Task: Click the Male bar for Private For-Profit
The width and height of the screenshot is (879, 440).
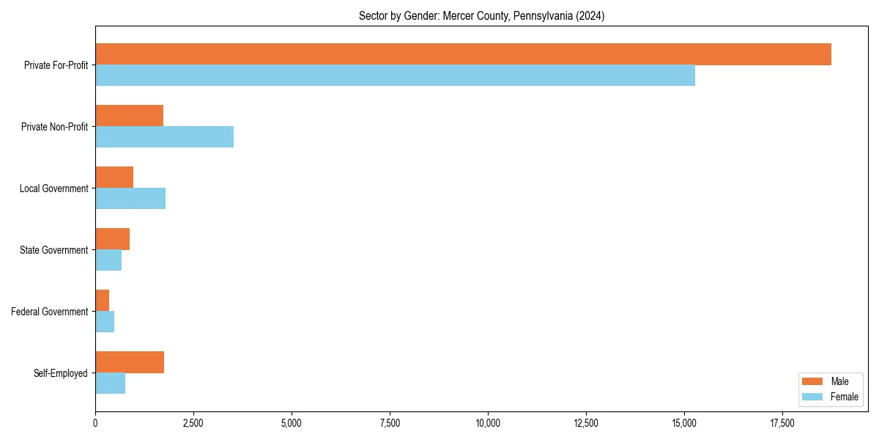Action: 463,54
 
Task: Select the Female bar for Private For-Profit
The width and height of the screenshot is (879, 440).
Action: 395,76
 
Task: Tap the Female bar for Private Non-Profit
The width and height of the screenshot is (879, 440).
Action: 164,137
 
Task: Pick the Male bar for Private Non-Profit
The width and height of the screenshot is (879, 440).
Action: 129,116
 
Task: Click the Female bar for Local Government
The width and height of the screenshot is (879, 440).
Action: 130,199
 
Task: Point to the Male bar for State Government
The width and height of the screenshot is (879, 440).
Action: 112,239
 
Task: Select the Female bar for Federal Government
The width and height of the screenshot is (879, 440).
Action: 105,322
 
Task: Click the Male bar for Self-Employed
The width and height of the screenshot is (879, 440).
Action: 130,362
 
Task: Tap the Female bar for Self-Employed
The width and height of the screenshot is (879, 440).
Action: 110,384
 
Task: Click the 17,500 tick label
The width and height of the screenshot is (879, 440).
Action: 782,423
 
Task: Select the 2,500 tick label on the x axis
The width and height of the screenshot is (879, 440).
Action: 193,423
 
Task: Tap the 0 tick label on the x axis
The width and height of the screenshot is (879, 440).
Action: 95,423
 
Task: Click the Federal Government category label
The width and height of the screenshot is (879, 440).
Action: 50,312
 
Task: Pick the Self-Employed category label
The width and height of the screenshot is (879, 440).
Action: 61,373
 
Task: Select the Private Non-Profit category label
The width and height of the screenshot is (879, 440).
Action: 55,127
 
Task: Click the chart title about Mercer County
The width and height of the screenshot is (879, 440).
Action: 481,15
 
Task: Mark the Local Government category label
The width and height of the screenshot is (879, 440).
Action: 54,188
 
